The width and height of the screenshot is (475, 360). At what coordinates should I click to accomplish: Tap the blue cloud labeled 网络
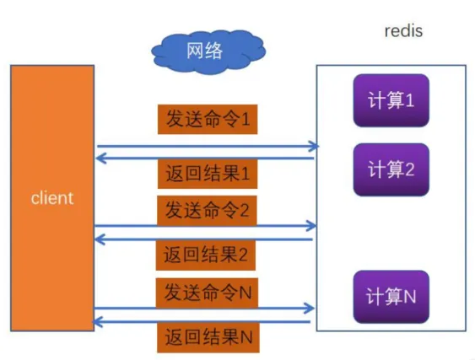point(204,51)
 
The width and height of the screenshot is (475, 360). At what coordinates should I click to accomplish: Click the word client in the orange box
point(51,199)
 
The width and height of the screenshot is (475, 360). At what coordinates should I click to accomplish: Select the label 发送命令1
point(207,120)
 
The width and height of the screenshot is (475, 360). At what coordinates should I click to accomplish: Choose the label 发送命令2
point(207,208)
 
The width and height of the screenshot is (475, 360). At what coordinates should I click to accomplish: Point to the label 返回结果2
point(207,252)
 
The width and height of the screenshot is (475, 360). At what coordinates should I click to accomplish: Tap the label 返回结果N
point(207,337)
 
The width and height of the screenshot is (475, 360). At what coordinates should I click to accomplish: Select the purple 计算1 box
point(391,100)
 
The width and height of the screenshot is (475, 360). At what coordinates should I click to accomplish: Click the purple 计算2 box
point(391,169)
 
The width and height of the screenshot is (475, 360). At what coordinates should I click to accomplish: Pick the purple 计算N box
point(391,297)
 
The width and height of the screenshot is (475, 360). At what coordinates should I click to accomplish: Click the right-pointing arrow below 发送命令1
point(207,147)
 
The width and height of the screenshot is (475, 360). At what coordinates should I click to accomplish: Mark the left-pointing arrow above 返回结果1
point(207,157)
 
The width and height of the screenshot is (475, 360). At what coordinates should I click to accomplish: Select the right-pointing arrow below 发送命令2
point(207,226)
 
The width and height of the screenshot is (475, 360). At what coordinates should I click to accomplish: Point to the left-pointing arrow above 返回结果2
point(207,239)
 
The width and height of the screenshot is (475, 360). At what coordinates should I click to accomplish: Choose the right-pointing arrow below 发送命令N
point(207,309)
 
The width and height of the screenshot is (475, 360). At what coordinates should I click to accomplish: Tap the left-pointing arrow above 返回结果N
point(207,321)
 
